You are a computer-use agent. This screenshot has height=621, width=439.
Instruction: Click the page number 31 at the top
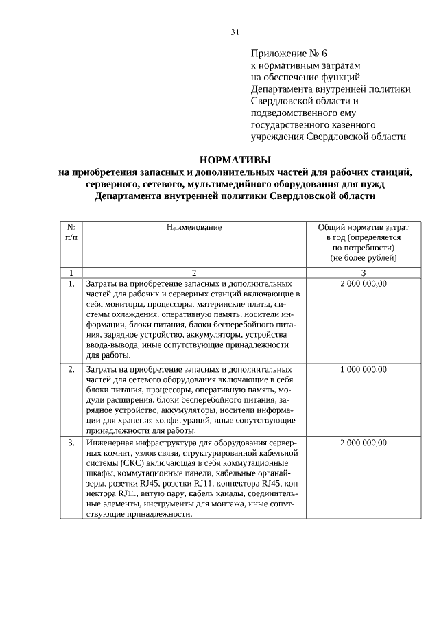click(x=235, y=32)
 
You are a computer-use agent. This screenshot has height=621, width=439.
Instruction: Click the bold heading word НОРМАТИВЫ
click(x=235, y=159)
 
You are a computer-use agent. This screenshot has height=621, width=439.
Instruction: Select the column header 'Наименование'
click(x=194, y=226)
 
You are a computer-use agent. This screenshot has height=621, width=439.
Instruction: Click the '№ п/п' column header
click(x=71, y=231)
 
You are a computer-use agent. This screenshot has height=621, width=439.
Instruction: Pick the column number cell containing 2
click(x=194, y=272)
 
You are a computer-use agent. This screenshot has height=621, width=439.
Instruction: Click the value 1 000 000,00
click(x=363, y=369)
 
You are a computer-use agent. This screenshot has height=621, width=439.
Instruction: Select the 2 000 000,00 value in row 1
click(x=363, y=283)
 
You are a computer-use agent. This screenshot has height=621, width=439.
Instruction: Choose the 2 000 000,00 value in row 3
click(x=363, y=443)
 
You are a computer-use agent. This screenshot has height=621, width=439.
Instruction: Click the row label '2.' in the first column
click(x=71, y=369)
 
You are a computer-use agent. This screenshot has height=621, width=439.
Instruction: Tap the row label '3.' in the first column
click(x=71, y=443)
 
